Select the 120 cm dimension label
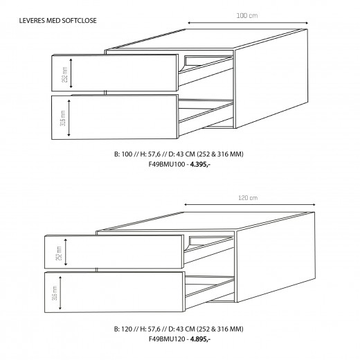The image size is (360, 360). [247, 198]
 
